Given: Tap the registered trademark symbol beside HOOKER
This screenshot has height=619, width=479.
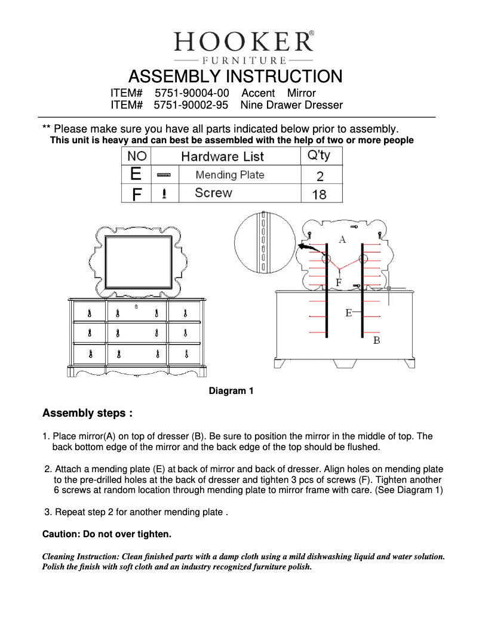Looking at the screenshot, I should [312, 34].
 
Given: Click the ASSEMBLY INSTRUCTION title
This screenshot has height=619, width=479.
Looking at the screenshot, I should [235, 77].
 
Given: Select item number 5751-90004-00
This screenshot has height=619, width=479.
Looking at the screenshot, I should [192, 93].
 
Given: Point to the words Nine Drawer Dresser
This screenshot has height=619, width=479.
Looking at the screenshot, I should [291, 106].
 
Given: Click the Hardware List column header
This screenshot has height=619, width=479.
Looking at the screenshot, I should [222, 157].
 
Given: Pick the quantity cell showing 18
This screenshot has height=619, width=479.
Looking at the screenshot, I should [319, 194].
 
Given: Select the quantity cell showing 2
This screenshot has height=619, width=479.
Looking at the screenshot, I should [320, 175].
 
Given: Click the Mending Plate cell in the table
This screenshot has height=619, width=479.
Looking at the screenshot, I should [229, 175].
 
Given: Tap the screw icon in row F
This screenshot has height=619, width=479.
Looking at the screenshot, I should [164, 193].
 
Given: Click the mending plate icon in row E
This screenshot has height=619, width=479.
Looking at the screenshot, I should [164, 175].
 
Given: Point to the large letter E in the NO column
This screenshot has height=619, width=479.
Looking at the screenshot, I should [136, 175].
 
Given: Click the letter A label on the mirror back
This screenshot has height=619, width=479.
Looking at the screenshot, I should [342, 239].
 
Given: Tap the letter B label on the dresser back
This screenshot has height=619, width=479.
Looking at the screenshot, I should [376, 340].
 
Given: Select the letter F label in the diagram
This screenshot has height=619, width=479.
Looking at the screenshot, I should [339, 282].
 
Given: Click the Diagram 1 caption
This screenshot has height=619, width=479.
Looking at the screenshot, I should [231, 392].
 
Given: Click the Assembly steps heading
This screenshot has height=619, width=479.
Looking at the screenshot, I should [87, 413].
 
